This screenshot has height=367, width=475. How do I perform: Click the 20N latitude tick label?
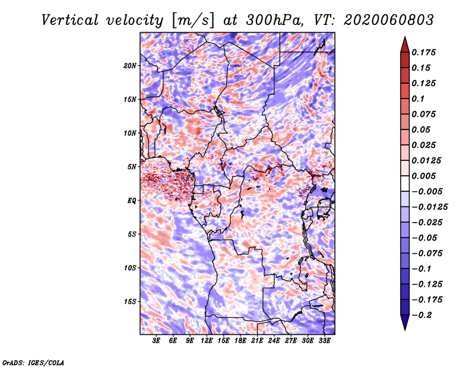130,65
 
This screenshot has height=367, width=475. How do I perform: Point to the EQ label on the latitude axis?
132,201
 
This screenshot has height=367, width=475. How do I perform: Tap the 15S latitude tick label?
130,302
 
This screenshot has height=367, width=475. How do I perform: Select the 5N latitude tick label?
132,167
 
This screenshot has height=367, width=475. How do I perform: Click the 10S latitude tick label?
130,268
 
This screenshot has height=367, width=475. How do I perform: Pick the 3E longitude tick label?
157,341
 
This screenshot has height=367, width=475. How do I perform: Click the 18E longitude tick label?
240,341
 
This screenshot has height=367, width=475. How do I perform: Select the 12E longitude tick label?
207,341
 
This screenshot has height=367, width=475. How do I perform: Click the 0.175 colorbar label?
424,52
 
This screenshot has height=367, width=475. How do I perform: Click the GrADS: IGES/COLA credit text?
33,362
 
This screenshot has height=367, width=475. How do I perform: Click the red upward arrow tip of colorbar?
404,40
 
